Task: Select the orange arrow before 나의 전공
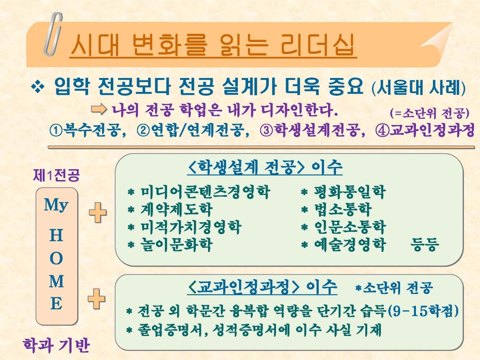(99, 109)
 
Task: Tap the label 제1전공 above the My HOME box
(56, 175)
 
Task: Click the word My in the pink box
(56, 205)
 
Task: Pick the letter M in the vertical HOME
(56, 281)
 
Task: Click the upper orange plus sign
(98, 213)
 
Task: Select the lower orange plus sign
(96, 299)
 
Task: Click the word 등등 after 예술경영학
(424, 244)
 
